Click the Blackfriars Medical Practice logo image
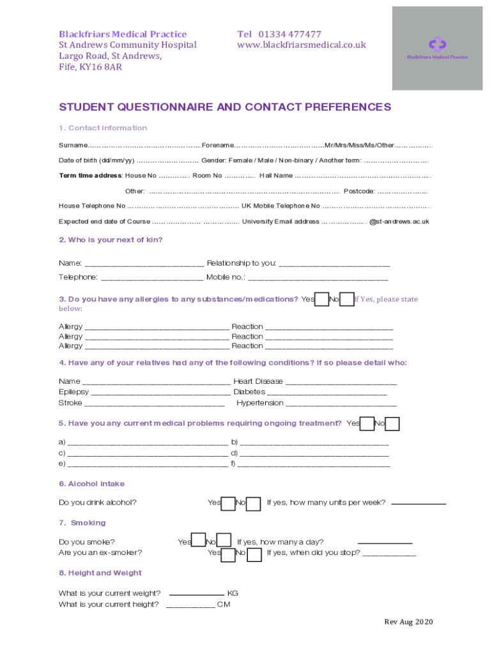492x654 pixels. point(437,48)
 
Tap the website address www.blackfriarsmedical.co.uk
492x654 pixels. point(302,45)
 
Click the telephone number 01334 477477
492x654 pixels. point(289,34)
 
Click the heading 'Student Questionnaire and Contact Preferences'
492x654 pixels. point(225,107)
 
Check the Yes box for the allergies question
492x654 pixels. point(321,299)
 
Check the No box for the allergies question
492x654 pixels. point(347,299)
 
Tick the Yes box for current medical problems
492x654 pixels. point(367,423)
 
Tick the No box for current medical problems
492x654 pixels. point(393,423)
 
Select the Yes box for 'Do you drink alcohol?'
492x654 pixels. point(228,503)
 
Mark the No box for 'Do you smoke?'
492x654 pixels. point(224,542)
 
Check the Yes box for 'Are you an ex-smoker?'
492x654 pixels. point(228,554)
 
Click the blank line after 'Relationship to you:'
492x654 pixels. point(334,264)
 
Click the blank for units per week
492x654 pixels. point(418,504)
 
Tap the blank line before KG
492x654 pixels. point(196,594)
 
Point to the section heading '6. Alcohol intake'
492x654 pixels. point(91,483)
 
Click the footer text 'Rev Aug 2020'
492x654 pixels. point(408,622)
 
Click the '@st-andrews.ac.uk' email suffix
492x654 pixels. point(399,222)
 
